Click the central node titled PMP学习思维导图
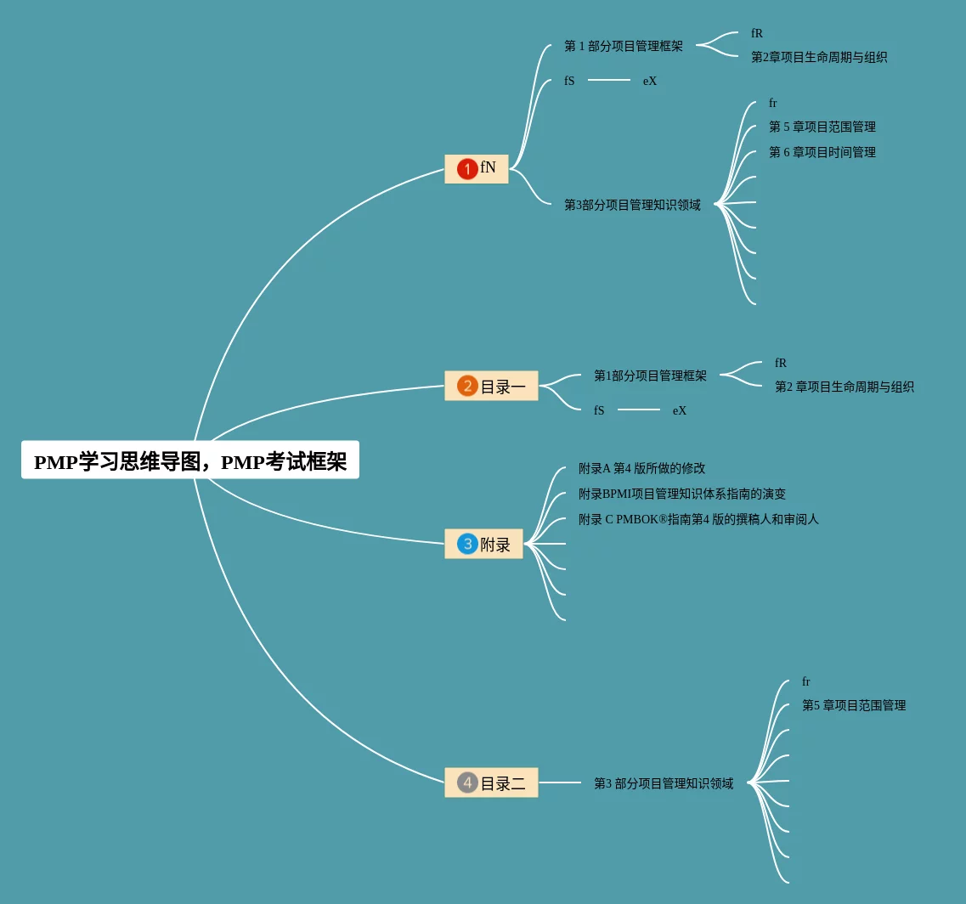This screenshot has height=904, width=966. tap(190, 460)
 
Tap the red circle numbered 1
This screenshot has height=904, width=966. tap(467, 169)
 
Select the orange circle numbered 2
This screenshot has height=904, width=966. tap(467, 386)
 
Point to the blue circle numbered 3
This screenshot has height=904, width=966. tap(467, 544)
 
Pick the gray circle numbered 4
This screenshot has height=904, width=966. tap(467, 783)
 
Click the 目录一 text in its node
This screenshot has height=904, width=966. tap(503, 387)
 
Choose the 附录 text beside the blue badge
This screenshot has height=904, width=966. tap(495, 545)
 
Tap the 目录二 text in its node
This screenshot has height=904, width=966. tap(503, 783)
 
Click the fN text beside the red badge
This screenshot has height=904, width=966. tap(488, 167)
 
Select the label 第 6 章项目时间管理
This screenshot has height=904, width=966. tap(822, 152)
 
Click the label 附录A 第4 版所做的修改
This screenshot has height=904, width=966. tap(641, 468)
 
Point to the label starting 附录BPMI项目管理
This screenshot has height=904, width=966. tap(681, 494)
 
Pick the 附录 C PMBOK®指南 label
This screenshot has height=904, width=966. tap(698, 519)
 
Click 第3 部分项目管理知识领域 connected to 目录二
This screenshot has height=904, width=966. tap(663, 783)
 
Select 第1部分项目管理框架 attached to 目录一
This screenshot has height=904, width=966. tap(650, 376)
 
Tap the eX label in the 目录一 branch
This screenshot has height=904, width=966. tap(680, 410)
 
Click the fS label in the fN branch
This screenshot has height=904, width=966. tap(569, 81)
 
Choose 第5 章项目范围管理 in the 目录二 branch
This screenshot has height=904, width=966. tap(854, 705)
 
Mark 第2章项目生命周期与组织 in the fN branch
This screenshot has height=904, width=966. tap(819, 58)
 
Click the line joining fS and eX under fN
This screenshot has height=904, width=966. tap(608, 81)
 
